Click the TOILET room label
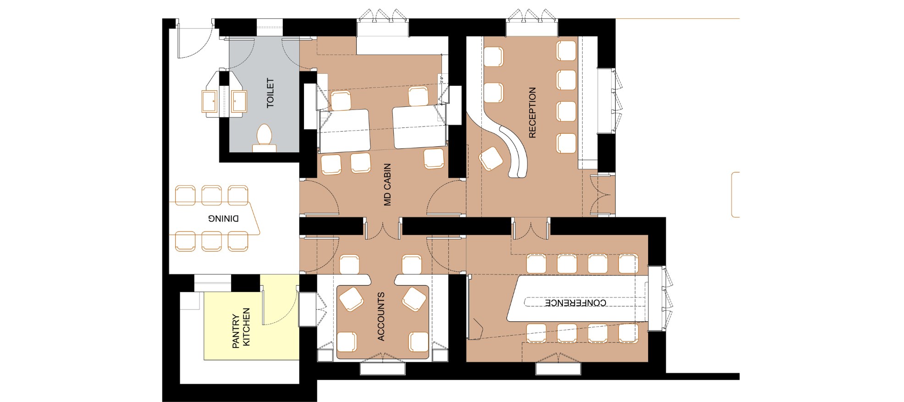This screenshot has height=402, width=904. point(270,93)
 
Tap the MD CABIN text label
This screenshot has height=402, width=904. point(387,184)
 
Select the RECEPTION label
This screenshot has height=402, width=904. point(532,112)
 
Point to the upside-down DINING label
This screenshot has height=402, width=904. point(223,219)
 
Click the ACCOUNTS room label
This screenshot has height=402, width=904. point(380,316)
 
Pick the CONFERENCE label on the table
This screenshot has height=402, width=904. point(575,303)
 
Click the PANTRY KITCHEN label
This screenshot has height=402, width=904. point(241,328)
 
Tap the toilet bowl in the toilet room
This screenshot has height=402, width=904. point(264,136)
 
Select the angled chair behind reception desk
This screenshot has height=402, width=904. point(491,159)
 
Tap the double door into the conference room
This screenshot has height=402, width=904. point(530,229)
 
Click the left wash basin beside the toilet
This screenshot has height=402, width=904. point(209,101)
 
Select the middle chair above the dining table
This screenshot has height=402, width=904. point(212,195)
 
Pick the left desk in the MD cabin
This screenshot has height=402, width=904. point(345,131)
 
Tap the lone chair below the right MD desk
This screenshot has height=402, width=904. point(434,159)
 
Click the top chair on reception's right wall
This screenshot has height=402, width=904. point(567,50)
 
